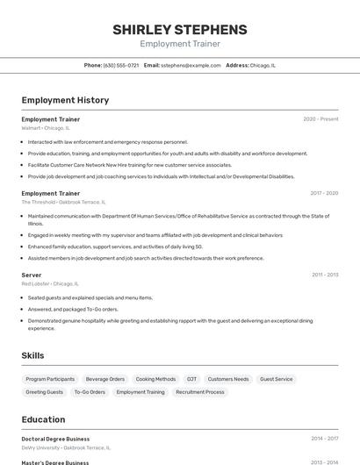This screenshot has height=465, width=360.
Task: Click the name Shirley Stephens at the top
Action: point(179,29)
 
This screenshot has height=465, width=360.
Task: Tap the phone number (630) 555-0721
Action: point(120,65)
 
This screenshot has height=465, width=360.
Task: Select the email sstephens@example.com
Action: point(190,65)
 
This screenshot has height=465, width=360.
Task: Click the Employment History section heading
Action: point(65,100)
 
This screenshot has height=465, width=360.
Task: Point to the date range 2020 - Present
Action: point(320,119)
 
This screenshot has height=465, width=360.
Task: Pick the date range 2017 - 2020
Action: point(323,193)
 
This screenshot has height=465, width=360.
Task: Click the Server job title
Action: point(32,275)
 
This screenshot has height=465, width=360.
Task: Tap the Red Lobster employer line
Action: point(50,283)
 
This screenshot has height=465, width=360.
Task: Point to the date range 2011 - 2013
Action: point(324,275)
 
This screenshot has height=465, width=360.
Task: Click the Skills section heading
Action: point(33,355)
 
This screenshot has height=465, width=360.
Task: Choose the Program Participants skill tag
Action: point(50,379)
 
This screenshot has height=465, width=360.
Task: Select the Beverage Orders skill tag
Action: point(105,379)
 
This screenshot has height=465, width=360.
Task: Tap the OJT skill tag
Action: point(191,379)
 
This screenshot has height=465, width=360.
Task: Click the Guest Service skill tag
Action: point(277,379)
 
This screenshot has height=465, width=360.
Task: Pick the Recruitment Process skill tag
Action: point(200,392)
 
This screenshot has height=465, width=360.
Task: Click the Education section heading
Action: point(44,419)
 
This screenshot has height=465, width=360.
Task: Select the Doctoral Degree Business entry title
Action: point(55,439)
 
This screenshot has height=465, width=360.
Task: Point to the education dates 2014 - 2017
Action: point(324,439)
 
